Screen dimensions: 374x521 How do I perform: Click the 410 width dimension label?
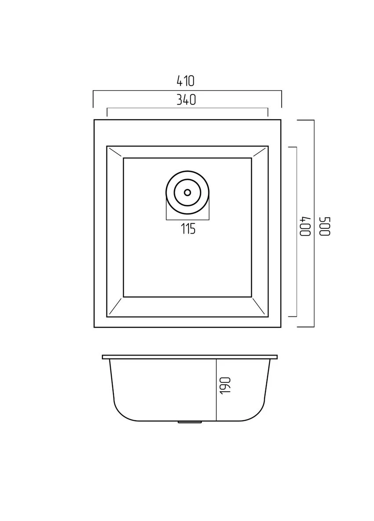click(x=185, y=81)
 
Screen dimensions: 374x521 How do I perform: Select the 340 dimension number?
click(x=186, y=100)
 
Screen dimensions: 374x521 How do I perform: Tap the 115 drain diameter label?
click(x=188, y=229)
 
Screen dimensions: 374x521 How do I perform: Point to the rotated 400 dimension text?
click(x=305, y=227)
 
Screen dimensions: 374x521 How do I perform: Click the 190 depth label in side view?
click(x=225, y=385)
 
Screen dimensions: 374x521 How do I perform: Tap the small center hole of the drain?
click(x=188, y=192)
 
